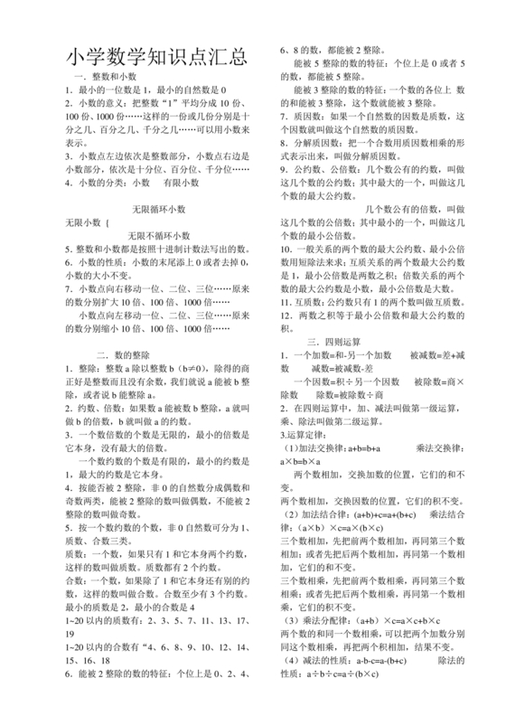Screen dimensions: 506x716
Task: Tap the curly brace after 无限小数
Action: point(111,221)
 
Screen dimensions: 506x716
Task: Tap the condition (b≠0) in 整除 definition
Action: point(197,369)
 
